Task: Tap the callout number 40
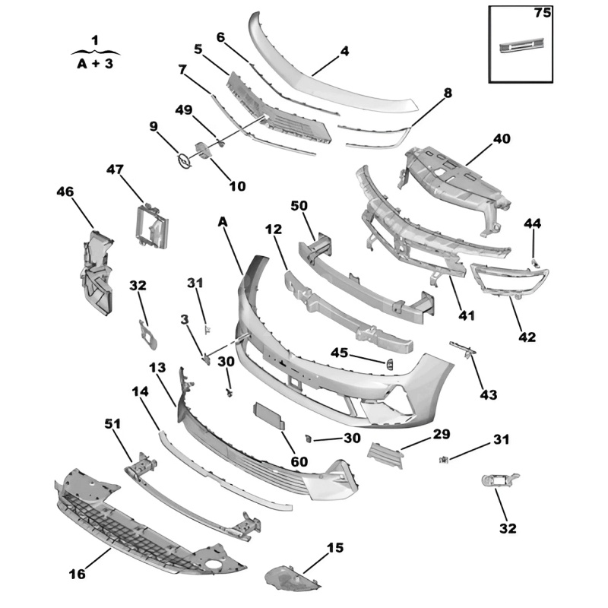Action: tap(502, 138)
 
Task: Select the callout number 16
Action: tap(78, 574)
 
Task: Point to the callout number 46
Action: tap(65, 192)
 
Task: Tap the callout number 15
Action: tap(335, 546)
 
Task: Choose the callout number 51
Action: tap(112, 423)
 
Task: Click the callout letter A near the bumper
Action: tap(223, 221)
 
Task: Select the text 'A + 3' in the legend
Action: tap(95, 64)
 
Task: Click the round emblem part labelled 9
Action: tap(183, 160)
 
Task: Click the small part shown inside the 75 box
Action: tap(521, 46)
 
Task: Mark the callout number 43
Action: tap(488, 394)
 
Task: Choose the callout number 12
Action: tap(273, 229)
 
